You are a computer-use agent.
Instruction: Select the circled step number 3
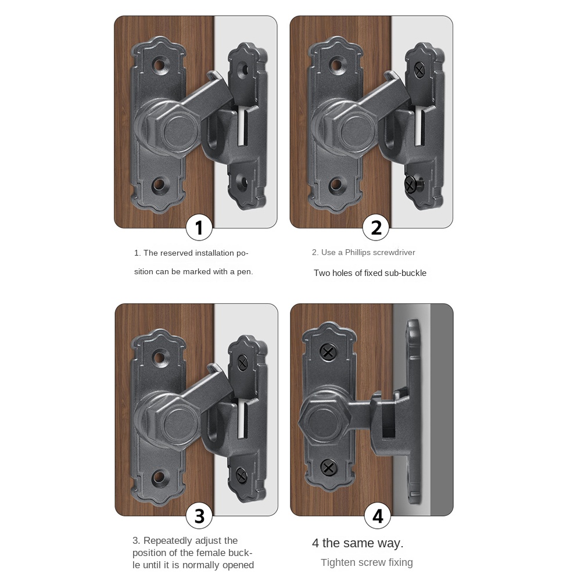click(199, 516)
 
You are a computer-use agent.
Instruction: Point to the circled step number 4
click(378, 516)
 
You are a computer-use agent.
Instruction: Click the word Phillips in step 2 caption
click(361, 252)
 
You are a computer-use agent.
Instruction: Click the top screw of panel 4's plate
click(328, 352)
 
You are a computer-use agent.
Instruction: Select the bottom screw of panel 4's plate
click(328, 467)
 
